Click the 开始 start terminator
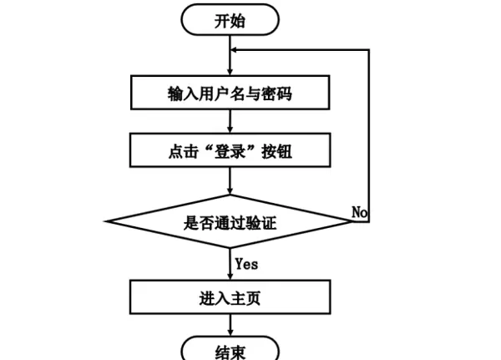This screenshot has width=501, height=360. pos(230,21)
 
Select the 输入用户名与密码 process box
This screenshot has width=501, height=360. pos(230,94)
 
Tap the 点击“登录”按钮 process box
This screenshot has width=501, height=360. pos(230,153)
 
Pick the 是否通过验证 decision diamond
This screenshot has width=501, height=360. pos(230,222)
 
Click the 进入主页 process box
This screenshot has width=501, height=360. pos(230,297)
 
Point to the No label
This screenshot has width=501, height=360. pos(360,213)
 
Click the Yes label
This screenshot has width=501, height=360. pos(246,264)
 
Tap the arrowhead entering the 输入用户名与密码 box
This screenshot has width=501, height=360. pos(230,73)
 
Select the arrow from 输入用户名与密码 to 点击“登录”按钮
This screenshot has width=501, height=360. pos(230,123)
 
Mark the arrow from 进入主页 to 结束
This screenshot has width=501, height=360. pos(230,326)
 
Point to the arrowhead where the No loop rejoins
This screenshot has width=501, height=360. pos(235,49)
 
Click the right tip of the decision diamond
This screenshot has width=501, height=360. pos(352,222)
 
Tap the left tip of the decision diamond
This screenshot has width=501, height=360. pos(108,222)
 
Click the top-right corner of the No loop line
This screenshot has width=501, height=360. pos(368,49)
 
